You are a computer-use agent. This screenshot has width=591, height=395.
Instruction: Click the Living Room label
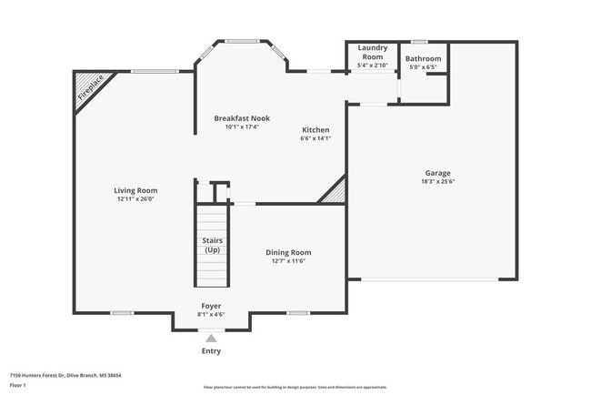pos(135,190)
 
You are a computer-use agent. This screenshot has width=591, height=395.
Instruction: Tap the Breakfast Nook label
pos(242,118)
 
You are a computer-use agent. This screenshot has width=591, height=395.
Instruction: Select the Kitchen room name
pos(316,129)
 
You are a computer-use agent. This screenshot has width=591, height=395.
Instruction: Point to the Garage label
pos(437,173)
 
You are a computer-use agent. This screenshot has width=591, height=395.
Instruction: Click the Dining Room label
pos(288,252)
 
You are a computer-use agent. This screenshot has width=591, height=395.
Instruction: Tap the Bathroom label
pos(424,58)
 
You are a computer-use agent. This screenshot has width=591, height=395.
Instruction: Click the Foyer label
pos(211,306)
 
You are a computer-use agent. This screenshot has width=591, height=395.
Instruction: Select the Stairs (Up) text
pos(211,245)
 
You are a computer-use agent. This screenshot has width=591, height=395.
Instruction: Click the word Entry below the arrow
pos(211,350)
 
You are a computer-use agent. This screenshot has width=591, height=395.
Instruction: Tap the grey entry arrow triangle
pos(211,338)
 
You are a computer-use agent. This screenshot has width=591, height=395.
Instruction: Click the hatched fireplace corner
pos(86,86)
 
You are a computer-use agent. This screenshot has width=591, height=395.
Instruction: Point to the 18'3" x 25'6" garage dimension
pos(437,182)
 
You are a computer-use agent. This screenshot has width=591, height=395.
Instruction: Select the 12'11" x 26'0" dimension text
pos(135,199)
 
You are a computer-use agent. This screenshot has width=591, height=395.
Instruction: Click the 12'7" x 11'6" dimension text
pos(288,261)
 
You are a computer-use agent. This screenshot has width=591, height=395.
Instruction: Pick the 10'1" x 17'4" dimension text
pos(242,127)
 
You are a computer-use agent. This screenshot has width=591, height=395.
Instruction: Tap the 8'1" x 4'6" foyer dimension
pos(211,315)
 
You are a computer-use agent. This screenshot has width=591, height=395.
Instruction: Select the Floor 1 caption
pos(18,385)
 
